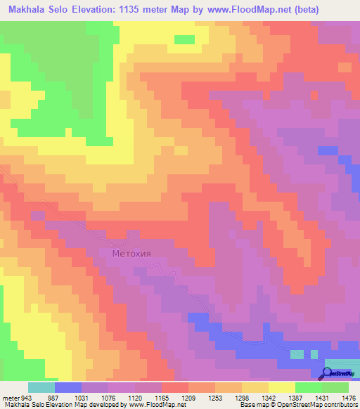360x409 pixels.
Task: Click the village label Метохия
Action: (x=131, y=254)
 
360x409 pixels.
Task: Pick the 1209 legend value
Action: (x=188, y=398)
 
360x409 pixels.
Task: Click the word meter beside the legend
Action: (x=10, y=398)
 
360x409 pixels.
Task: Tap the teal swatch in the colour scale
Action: (x=41, y=387)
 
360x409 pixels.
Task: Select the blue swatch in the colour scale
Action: (x=68, y=387)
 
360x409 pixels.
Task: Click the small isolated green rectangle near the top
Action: (x=184, y=39)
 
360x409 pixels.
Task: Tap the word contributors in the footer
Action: (x=340, y=405)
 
